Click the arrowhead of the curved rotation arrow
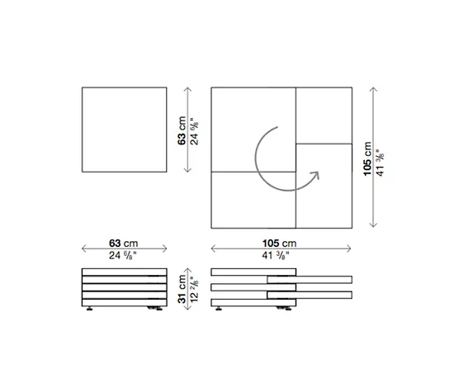point(315,175)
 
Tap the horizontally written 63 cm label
point(123,244)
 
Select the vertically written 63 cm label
point(182,130)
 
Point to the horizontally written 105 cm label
point(279,244)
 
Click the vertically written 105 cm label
point(367,159)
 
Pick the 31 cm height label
point(182,289)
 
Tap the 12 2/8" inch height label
point(194,289)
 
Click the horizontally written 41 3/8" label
point(276,255)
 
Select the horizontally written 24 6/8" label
point(122,255)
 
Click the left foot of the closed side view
point(89,309)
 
